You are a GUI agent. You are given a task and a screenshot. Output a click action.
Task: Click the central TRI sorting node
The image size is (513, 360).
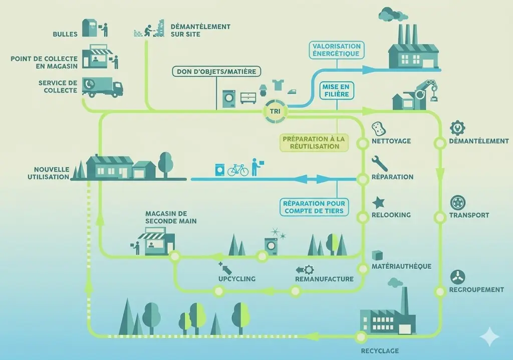pos(275,111)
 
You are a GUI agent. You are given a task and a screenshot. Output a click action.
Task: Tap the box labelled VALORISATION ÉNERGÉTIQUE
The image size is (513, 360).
pos(336,50)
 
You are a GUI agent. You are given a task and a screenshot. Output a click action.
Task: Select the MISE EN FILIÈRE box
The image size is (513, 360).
pos(336,90)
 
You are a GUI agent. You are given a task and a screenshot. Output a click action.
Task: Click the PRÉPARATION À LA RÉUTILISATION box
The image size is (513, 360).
pos(314,142)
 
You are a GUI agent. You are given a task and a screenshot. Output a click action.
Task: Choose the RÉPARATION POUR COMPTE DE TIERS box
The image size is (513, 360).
pos(314,207)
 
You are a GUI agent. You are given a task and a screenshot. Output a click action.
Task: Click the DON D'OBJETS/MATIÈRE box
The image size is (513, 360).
pos(216,72)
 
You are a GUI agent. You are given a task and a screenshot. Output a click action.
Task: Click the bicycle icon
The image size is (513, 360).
pos(238,169)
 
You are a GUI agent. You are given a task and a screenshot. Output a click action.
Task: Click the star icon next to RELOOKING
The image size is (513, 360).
pos(379,202)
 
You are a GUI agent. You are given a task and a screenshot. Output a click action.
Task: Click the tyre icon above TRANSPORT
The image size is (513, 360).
pos(458,203)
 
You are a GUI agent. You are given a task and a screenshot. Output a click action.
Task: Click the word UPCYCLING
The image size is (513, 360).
pos(237,279)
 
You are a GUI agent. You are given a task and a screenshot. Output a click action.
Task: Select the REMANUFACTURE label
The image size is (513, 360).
pos(324,279)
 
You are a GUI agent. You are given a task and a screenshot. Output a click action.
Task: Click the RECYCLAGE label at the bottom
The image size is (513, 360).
pos(380,350)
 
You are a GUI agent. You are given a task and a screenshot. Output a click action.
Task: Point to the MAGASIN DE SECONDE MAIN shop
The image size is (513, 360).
pos(156,243)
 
